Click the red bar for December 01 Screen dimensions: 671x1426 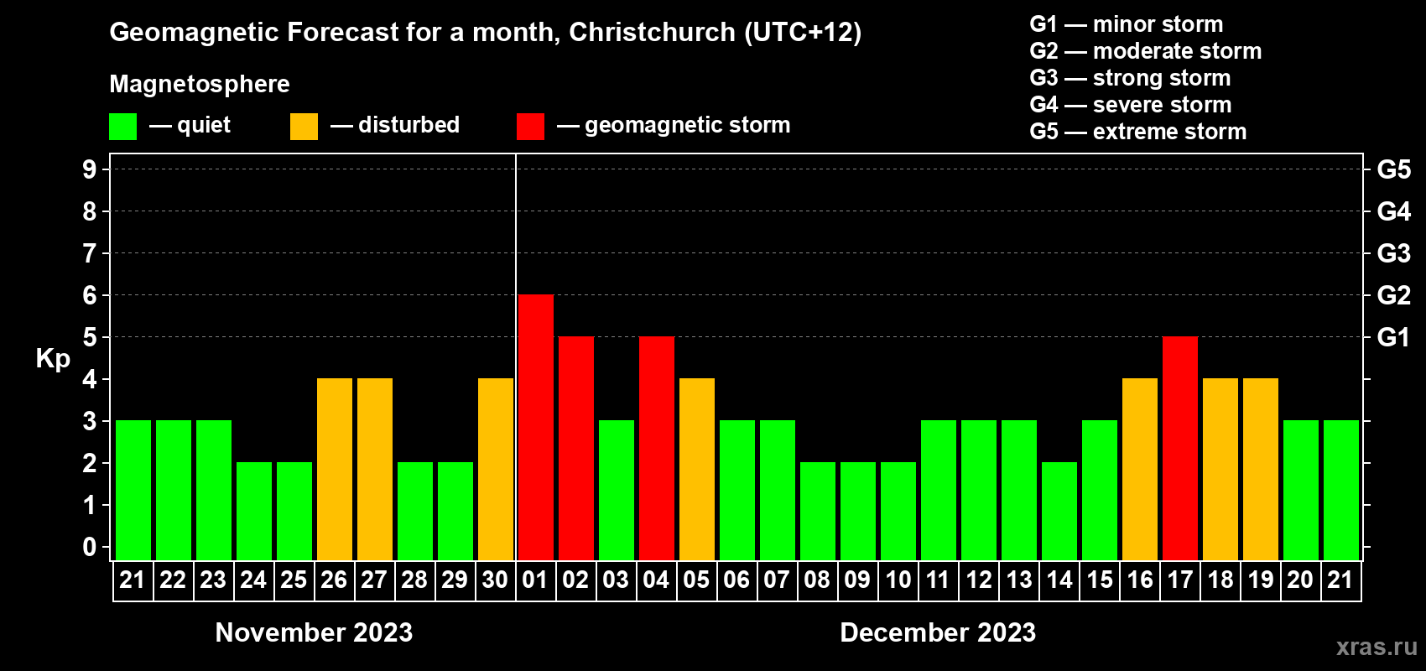pos(535,427)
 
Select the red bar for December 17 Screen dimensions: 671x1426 pos(1179,448)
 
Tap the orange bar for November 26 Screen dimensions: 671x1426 pos(334,469)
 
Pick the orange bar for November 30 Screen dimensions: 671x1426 pos(495,469)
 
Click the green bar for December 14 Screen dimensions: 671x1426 pos(1059,511)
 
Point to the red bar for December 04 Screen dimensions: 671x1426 pos(656,448)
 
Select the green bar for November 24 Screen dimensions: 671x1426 pos(253,511)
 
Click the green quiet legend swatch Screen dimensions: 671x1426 pos(122,127)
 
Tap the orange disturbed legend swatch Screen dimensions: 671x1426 pos(304,127)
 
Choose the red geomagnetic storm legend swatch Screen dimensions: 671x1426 pos(530,127)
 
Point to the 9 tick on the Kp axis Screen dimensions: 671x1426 pos(90,169)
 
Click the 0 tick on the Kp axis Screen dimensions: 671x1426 pos(90,548)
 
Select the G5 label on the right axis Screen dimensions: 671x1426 pos(1393,169)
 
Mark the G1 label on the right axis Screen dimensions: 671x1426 pos(1393,337)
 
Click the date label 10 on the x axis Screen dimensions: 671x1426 pos(898,580)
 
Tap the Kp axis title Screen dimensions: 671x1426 pos(53,358)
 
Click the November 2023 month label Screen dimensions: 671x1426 pos(314,632)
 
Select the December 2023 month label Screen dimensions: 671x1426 pos(938,632)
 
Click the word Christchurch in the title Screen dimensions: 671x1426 pos(652,33)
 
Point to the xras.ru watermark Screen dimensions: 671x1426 pos(1376,647)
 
